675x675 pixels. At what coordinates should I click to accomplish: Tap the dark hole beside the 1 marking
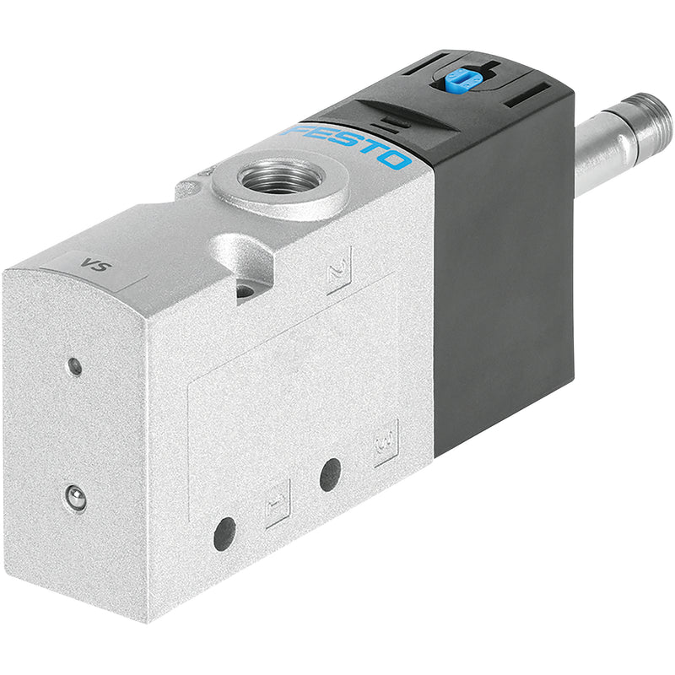224,534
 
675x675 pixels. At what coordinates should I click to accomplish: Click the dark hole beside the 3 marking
330,475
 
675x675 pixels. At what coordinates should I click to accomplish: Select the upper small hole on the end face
75,366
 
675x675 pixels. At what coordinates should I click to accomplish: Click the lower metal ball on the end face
76,498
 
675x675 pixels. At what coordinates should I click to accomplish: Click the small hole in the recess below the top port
245,292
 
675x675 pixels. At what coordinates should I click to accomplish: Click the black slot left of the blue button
420,67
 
